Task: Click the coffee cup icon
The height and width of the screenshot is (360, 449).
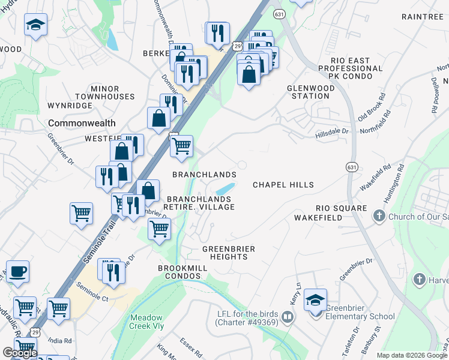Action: tap(17, 271)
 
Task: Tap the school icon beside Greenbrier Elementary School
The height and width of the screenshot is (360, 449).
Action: tap(315, 300)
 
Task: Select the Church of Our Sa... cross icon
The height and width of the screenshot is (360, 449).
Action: tap(379, 215)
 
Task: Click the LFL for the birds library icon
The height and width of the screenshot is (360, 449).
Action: tap(288, 316)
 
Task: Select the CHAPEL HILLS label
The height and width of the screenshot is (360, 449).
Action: tap(283, 185)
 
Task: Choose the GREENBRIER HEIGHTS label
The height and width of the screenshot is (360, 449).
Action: tap(229, 253)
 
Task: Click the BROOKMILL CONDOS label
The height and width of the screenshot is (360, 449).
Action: tap(179, 271)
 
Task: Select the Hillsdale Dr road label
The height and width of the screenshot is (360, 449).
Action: tap(332, 132)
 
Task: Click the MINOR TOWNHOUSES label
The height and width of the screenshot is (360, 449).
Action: tap(105, 92)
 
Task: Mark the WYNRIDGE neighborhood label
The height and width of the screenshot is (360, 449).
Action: tap(70, 106)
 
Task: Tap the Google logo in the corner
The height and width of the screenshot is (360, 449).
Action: tap(20, 353)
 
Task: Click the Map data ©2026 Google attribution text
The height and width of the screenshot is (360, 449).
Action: tap(411, 355)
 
